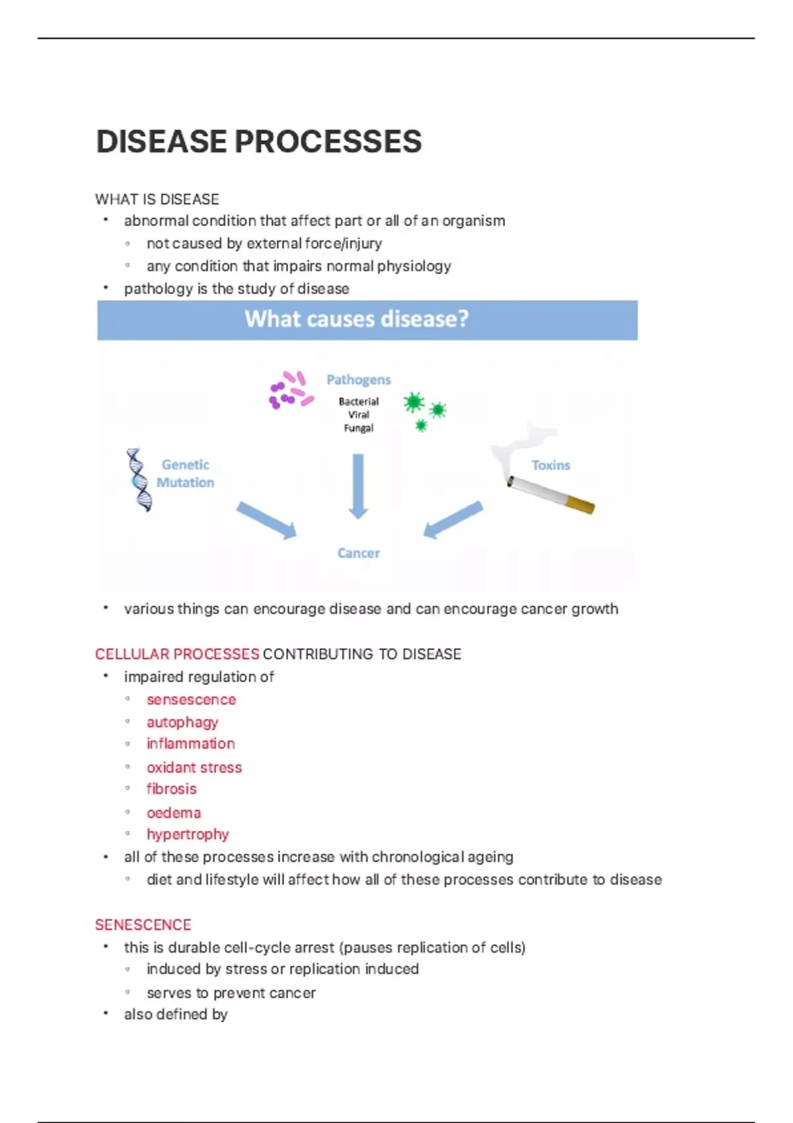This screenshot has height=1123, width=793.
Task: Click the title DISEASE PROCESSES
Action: [258, 141]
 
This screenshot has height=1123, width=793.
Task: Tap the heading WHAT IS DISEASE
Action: [157, 199]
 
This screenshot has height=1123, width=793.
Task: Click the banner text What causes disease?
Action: [357, 319]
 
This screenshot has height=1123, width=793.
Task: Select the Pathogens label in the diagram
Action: [358, 380]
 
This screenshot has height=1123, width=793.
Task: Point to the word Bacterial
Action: [358, 402]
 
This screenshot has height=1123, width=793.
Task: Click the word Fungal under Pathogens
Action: [358, 428]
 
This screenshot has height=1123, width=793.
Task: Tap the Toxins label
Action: [550, 465]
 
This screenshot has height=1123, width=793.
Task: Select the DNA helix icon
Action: [139, 480]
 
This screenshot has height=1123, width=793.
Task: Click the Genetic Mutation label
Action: [185, 474]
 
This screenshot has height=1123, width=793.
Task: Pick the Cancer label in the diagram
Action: [358, 553]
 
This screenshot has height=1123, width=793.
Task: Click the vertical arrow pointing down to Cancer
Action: [358, 486]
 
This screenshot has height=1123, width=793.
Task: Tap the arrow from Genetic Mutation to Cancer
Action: [266, 520]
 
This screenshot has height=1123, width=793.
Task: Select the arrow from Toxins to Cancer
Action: [453, 520]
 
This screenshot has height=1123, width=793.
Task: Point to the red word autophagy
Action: [182, 722]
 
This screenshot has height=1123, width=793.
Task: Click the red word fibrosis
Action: [172, 789]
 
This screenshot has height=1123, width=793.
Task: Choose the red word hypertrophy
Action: [188, 834]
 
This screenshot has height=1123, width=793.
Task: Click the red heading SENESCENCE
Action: [143, 925]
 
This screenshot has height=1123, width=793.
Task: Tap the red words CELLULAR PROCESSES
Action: [177, 654]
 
